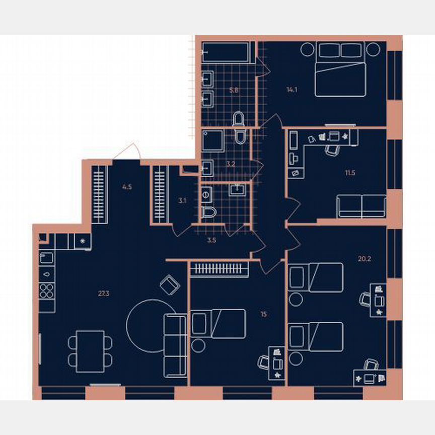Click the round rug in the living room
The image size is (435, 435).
click(x=150, y=322)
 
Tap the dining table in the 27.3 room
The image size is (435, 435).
click(x=90, y=351)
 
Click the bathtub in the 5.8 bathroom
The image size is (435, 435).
click(x=226, y=52)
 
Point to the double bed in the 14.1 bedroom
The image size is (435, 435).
click(x=339, y=78)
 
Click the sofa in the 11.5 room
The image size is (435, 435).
click(x=361, y=206)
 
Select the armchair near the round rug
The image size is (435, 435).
click(x=170, y=285)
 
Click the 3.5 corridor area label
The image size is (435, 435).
click(x=211, y=241)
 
